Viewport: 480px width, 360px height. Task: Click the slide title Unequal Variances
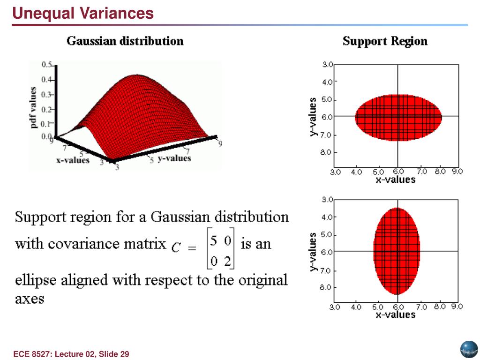pos(83,13)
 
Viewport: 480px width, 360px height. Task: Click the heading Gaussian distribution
pos(125,41)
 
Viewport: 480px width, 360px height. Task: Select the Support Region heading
pos(385,41)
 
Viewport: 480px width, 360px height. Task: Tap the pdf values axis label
pos(33,108)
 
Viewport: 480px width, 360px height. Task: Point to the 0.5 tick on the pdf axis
pos(46,65)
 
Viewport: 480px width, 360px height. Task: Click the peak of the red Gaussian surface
pos(137,75)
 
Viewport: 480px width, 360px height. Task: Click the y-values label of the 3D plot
pos(174,158)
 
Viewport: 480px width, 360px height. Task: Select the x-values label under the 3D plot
pos(73,160)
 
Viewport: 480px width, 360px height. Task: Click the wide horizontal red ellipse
pos(398,117)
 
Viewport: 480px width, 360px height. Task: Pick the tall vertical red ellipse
pos(397,251)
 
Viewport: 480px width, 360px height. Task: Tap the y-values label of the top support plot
pos(313,117)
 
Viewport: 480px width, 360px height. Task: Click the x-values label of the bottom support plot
pos(395,315)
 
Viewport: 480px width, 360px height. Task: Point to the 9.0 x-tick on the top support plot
pos(457,172)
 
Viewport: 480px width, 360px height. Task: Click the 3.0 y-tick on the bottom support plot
pos(327,200)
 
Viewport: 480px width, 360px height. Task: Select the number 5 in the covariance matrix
pos(213,241)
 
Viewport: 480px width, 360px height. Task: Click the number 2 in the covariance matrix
pos(227,262)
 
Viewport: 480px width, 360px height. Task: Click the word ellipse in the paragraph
pos(37,280)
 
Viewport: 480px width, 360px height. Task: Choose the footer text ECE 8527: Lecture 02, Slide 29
pos(71,354)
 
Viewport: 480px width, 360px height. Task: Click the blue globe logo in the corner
pos(467,349)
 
